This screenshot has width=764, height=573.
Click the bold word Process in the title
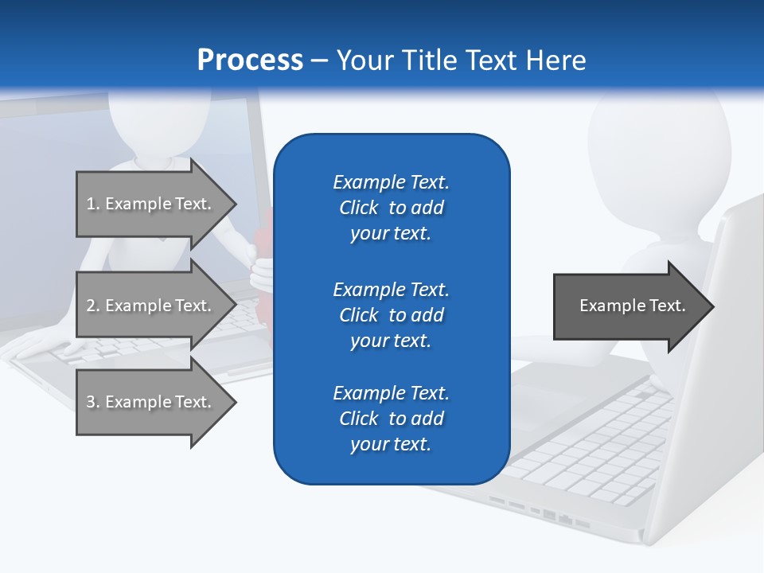click(x=250, y=60)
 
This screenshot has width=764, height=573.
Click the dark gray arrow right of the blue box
click(x=629, y=306)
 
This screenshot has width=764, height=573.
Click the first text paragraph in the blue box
click(x=391, y=208)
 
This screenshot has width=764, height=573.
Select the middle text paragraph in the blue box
click(x=391, y=315)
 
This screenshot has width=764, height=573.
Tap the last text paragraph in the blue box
click(x=391, y=419)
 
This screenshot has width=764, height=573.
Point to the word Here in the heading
click(x=556, y=60)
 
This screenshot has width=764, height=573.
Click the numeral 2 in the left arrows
click(x=92, y=306)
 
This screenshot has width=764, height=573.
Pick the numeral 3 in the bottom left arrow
click(x=92, y=402)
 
